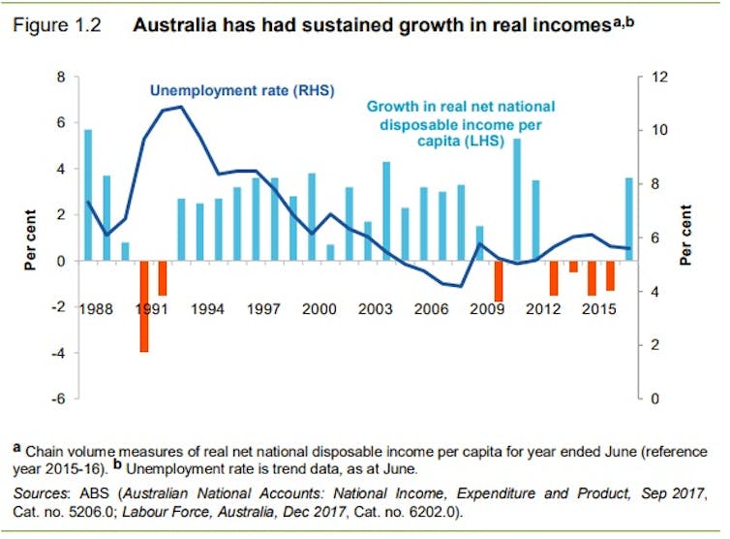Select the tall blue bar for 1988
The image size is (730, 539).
(88, 195)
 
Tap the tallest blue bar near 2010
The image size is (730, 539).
(517, 200)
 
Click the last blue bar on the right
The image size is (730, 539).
(628, 219)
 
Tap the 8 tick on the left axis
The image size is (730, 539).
(60, 77)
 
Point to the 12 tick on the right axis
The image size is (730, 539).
(659, 77)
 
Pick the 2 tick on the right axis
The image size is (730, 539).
(655, 345)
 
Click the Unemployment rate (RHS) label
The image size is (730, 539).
(241, 91)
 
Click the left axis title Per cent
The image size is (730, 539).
(30, 239)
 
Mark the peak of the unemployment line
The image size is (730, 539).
(181, 106)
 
